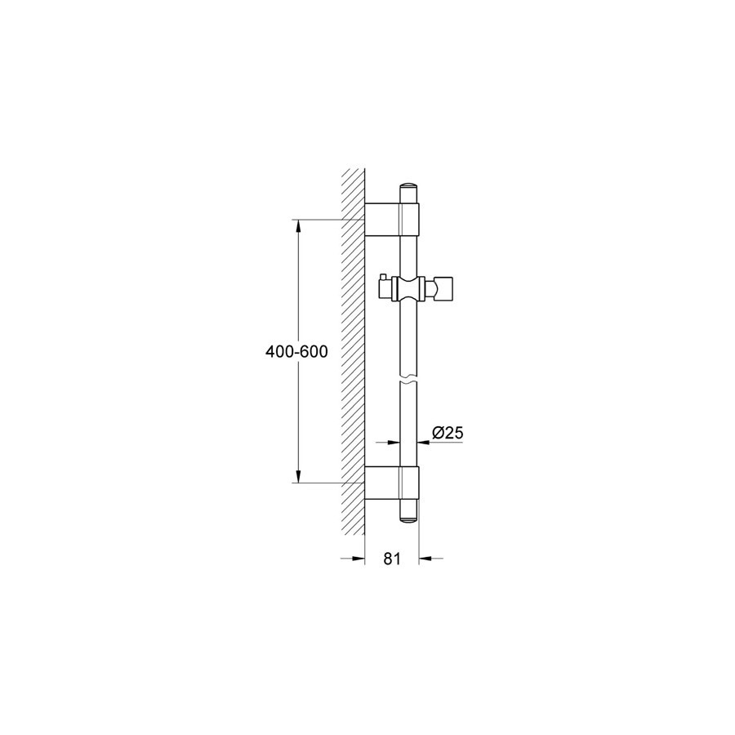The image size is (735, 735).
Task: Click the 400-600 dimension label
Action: click(x=296, y=351)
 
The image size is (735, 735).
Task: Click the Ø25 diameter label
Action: click(x=448, y=433)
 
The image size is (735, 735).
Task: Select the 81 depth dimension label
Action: click(x=392, y=559)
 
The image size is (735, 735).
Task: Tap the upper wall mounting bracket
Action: click(x=392, y=220)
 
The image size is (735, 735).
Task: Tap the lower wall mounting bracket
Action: click(x=392, y=483)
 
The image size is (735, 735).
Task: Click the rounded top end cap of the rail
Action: click(x=409, y=186)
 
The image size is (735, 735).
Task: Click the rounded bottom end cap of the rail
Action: click(x=409, y=517)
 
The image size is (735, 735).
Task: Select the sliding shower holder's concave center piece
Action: click(x=409, y=288)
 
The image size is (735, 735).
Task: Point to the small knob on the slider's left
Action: click(x=381, y=286)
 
